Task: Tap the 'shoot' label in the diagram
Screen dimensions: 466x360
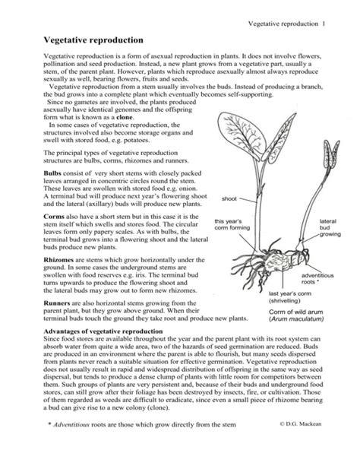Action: [229, 198]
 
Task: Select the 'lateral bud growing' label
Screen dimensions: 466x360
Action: [327, 227]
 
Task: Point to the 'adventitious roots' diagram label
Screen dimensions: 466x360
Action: [317, 278]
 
